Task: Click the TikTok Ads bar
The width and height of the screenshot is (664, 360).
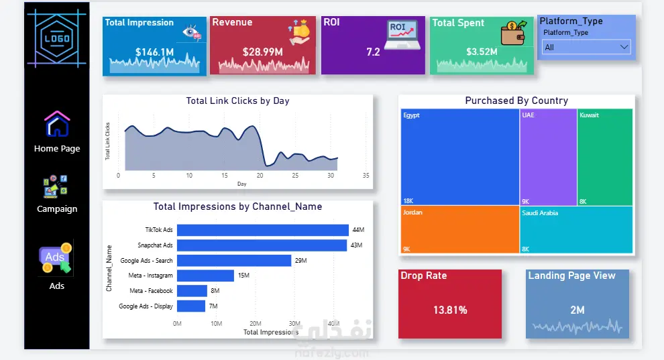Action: (x=262, y=230)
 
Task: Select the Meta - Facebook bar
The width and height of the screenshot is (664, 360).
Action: (x=192, y=291)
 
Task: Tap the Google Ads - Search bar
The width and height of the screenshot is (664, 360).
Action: (x=234, y=260)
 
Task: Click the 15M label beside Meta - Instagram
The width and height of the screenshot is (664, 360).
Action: (x=243, y=276)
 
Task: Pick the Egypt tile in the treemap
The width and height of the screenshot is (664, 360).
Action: (x=460, y=157)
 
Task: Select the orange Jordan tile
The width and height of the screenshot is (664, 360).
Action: (x=460, y=229)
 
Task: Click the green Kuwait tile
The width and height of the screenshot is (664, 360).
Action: (x=605, y=157)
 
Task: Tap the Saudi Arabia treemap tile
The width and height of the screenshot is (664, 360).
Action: (x=576, y=230)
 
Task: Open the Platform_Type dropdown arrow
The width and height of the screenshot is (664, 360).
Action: (x=624, y=47)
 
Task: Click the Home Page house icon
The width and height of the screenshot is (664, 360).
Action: (x=57, y=123)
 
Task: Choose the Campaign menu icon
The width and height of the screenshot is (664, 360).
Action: (x=55, y=186)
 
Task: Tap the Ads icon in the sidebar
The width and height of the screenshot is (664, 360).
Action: (x=56, y=257)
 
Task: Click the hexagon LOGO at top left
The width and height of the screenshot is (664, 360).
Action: (x=57, y=38)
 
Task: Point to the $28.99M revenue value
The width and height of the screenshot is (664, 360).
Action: (x=262, y=52)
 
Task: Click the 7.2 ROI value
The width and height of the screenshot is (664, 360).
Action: (x=373, y=52)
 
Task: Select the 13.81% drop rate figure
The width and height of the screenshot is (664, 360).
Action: (x=450, y=310)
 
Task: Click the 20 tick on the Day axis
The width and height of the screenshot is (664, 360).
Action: (x=260, y=175)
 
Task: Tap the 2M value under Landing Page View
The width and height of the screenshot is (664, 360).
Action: (x=577, y=310)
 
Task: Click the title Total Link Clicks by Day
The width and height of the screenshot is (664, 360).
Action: (x=237, y=101)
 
